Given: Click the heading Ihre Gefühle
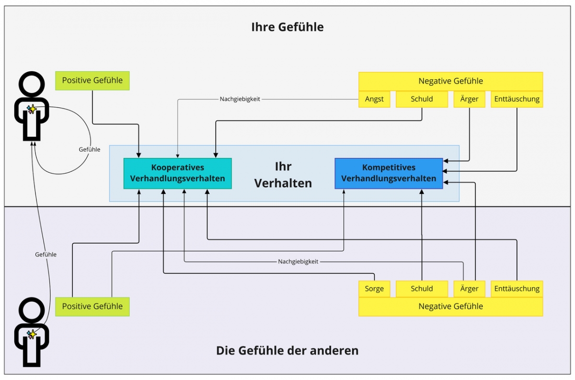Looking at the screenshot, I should point(287,27).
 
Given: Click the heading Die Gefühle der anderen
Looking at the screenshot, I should point(287,350).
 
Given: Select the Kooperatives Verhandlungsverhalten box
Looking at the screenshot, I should point(177,173).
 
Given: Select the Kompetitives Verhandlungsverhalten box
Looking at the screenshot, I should point(388,173).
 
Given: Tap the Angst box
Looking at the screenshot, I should point(374,99).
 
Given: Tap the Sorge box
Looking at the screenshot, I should point(374,289).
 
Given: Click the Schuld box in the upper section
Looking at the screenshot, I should point(422,99).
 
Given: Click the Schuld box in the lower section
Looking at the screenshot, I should point(422,289).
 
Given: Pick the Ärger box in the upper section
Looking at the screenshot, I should point(469,99).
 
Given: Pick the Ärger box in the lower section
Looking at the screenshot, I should point(469,289).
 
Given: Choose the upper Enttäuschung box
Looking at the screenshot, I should point(517,99).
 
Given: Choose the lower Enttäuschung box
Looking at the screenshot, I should point(517,289).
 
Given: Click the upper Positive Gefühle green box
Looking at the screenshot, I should point(92,81).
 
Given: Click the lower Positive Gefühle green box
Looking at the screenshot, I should point(92,307).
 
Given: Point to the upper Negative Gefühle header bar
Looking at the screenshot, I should point(450,81).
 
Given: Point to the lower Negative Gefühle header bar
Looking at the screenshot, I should point(450,307).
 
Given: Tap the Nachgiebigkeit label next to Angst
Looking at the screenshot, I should point(240,99).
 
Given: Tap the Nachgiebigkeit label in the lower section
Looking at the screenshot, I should point(298,262).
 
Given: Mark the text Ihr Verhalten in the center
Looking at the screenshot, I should point(283,175).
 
